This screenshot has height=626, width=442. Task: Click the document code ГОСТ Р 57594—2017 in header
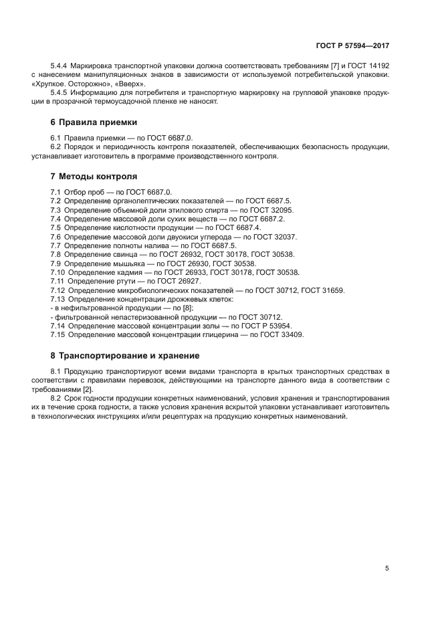pyautogui.click(x=352, y=47)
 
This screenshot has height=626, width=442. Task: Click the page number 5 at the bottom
pyautogui.click(x=386, y=568)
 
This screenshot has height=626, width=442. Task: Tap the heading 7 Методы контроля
pyautogui.click(x=94, y=177)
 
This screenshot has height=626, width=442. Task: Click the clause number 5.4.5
pyautogui.click(x=60, y=93)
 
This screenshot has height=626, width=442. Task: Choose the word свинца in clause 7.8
pyautogui.click(x=123, y=254)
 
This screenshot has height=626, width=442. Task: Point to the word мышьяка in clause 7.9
pyautogui.click(x=126, y=264)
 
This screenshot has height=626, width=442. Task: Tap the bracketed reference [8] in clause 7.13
pyautogui.click(x=186, y=308)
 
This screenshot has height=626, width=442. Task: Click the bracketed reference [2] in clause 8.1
pyautogui.click(x=87, y=389)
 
